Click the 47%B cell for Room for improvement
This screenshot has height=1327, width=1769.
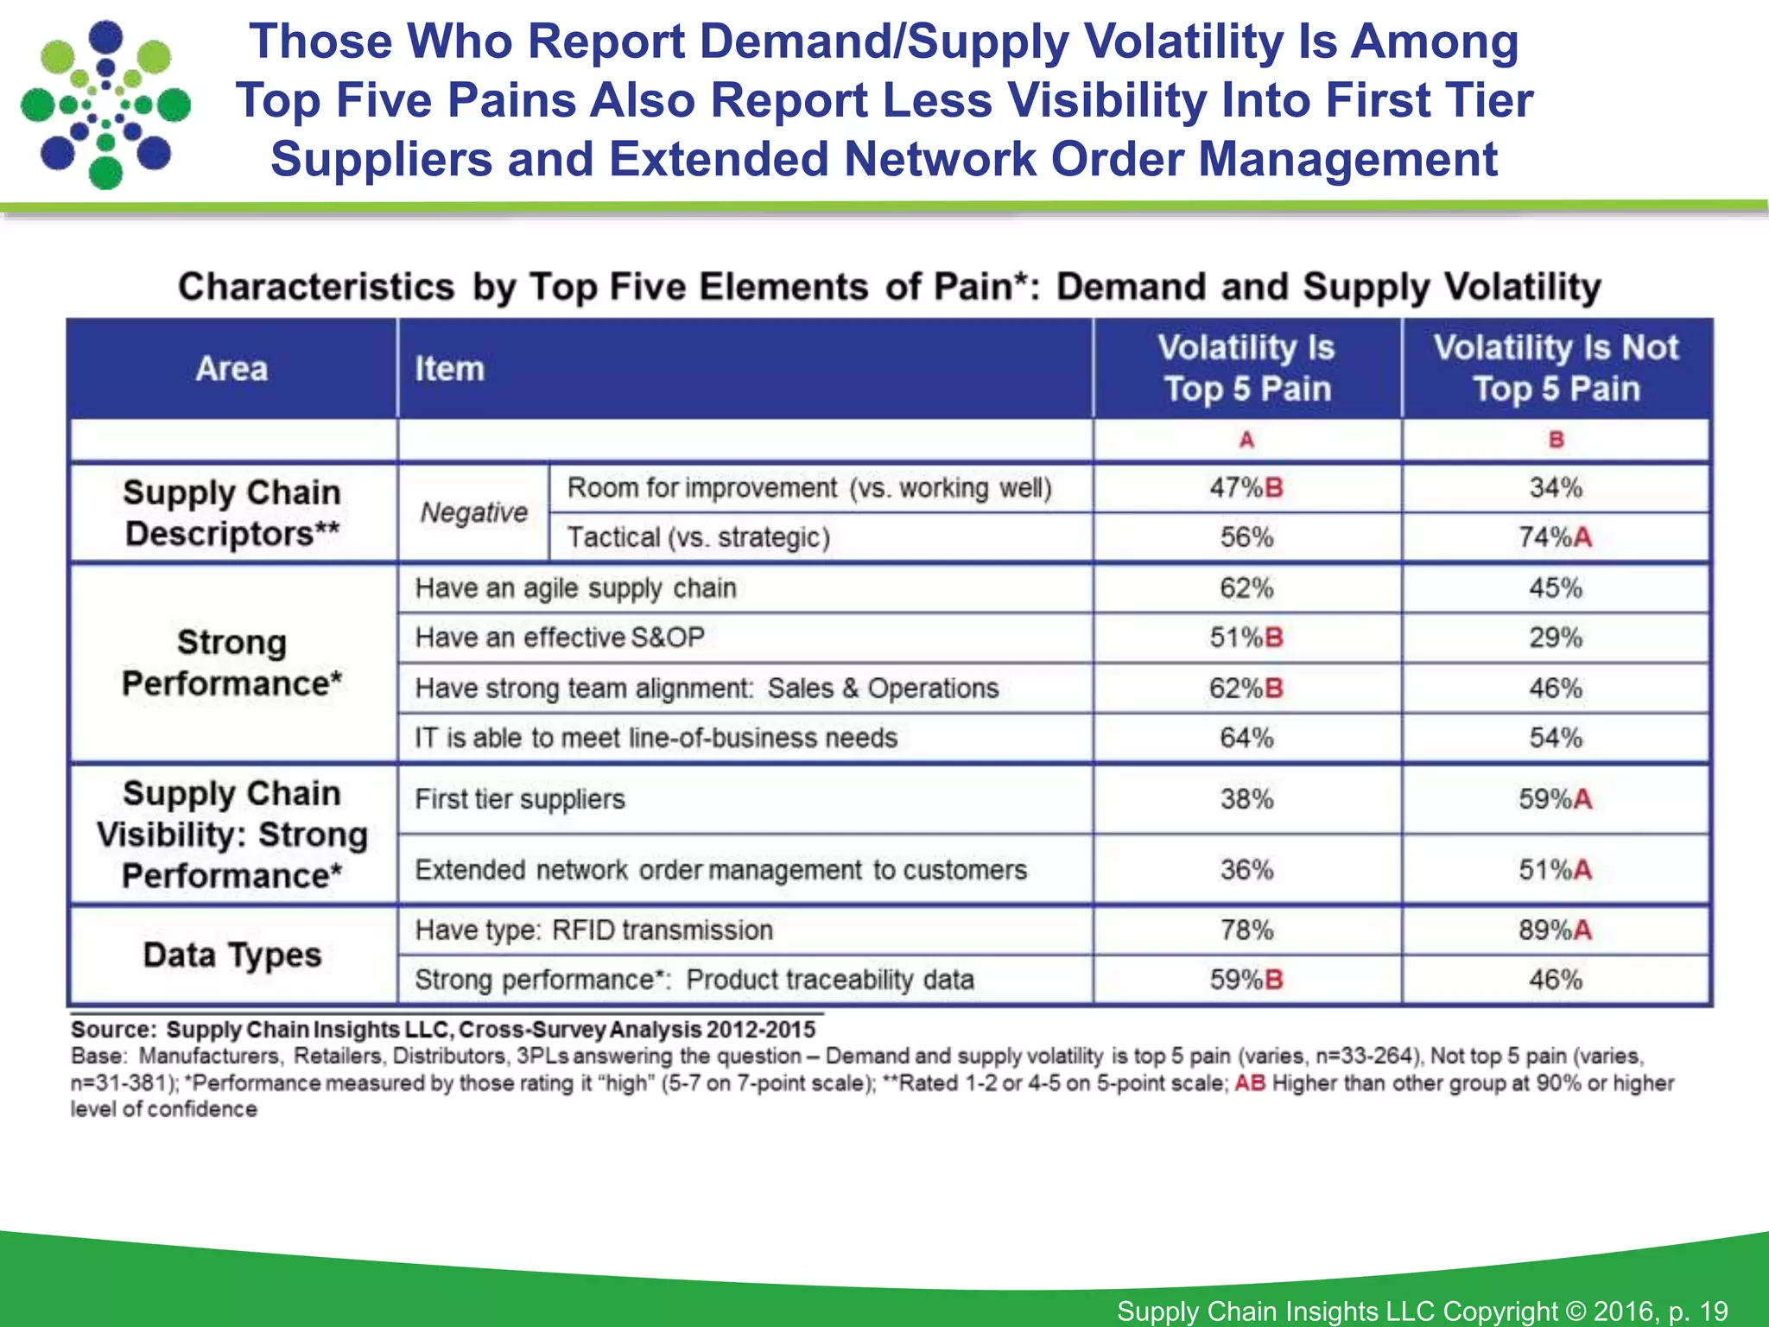click(1246, 488)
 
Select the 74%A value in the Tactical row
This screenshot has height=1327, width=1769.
click(1555, 537)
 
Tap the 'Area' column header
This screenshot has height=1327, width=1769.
click(231, 369)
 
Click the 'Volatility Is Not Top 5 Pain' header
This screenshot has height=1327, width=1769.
click(1556, 368)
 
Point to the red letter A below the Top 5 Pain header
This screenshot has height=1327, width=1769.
click(1246, 441)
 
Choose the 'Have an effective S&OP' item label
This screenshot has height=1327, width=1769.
click(560, 638)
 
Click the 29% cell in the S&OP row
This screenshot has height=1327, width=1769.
click(1556, 638)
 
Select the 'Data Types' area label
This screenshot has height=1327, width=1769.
click(231, 955)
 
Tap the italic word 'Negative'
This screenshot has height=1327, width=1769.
click(473, 512)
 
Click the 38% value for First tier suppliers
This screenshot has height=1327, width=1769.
click(1246, 799)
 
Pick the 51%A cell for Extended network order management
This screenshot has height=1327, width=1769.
click(1555, 870)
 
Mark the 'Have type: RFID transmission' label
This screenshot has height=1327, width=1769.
click(593, 930)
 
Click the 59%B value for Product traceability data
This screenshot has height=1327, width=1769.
click(1246, 980)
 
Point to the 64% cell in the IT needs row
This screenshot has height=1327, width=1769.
click(1246, 738)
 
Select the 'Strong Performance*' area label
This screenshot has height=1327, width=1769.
click(231, 663)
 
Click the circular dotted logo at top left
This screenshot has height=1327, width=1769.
click(105, 104)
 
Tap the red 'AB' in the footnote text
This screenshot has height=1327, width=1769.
click(1249, 1083)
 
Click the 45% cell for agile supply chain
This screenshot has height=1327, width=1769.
click(1556, 588)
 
